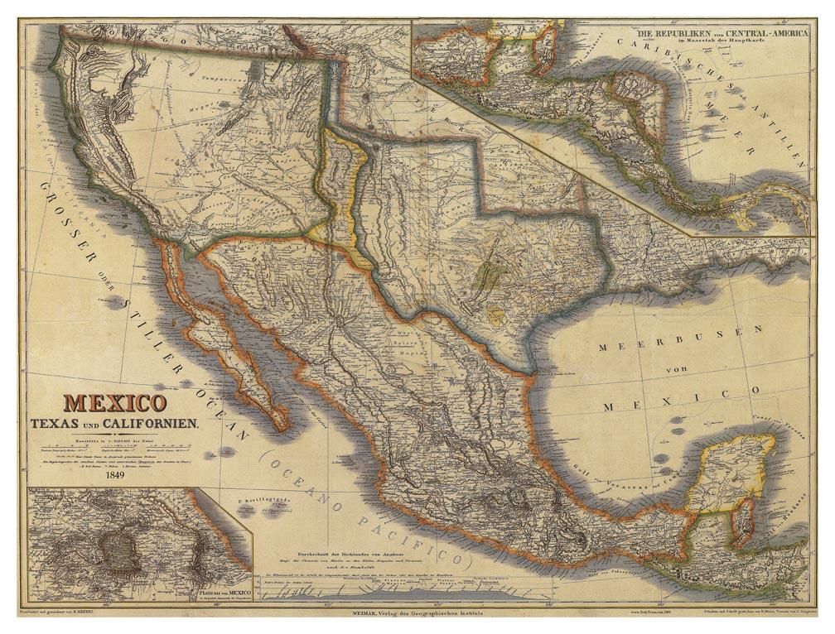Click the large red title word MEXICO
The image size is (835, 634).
pos(115,403)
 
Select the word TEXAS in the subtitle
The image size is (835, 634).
pos(56,423)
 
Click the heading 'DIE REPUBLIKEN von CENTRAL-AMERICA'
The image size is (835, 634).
pos(707,38)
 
